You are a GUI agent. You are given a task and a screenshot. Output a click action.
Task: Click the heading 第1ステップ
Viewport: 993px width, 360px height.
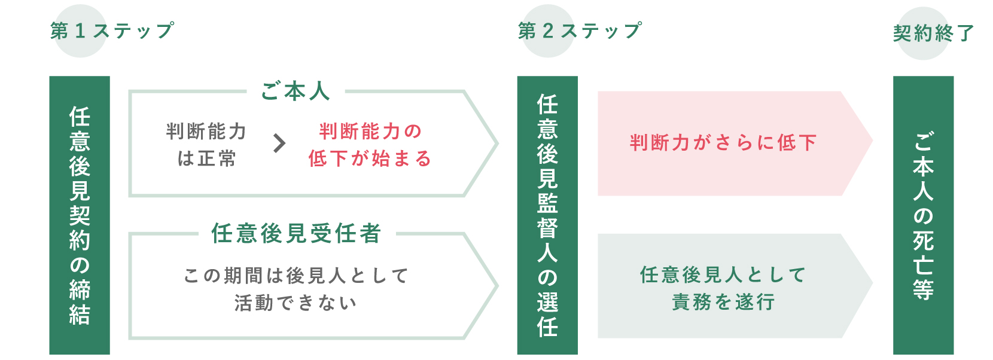click(112, 31)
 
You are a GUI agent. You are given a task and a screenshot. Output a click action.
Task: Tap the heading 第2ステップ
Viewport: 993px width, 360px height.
click(580, 31)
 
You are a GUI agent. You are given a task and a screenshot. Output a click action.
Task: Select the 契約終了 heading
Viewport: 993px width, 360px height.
click(934, 33)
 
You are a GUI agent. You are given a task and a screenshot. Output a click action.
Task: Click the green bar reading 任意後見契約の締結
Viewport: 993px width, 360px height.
click(80, 215)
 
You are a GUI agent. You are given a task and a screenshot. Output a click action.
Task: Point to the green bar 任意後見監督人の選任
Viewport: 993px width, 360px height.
click(547, 215)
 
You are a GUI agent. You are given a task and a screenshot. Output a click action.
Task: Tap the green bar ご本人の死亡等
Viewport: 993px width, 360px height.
click(924, 215)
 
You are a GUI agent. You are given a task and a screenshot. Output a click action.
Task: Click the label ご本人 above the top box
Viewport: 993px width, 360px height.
click(296, 91)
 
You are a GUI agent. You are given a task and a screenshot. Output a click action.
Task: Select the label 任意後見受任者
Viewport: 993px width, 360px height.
click(296, 233)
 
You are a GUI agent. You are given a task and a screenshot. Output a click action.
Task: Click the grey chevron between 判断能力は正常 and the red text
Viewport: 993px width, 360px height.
click(279, 144)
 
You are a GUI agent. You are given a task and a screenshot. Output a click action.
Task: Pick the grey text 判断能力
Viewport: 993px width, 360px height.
click(206, 132)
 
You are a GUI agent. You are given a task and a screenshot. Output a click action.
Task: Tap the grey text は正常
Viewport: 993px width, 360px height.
click(206, 158)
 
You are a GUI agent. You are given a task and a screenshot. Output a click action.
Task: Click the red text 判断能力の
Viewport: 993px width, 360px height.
click(371, 132)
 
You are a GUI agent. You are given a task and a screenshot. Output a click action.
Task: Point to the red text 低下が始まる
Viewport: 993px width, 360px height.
click(370, 158)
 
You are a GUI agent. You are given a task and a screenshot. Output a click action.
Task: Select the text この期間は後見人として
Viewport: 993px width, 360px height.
click(296, 276)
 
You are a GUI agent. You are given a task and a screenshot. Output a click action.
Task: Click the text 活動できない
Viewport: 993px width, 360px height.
click(296, 303)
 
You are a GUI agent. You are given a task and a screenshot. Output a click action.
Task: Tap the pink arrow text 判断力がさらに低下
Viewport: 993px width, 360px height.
click(723, 143)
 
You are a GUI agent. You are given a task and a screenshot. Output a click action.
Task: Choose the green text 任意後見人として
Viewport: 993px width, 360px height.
click(723, 275)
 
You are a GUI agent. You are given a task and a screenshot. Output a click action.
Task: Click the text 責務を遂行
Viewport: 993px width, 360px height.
click(723, 302)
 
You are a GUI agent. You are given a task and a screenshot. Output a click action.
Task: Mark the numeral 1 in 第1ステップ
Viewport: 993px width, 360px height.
click(80, 31)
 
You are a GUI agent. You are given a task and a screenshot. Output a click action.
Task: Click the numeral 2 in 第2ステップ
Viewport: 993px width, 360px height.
click(548, 31)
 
